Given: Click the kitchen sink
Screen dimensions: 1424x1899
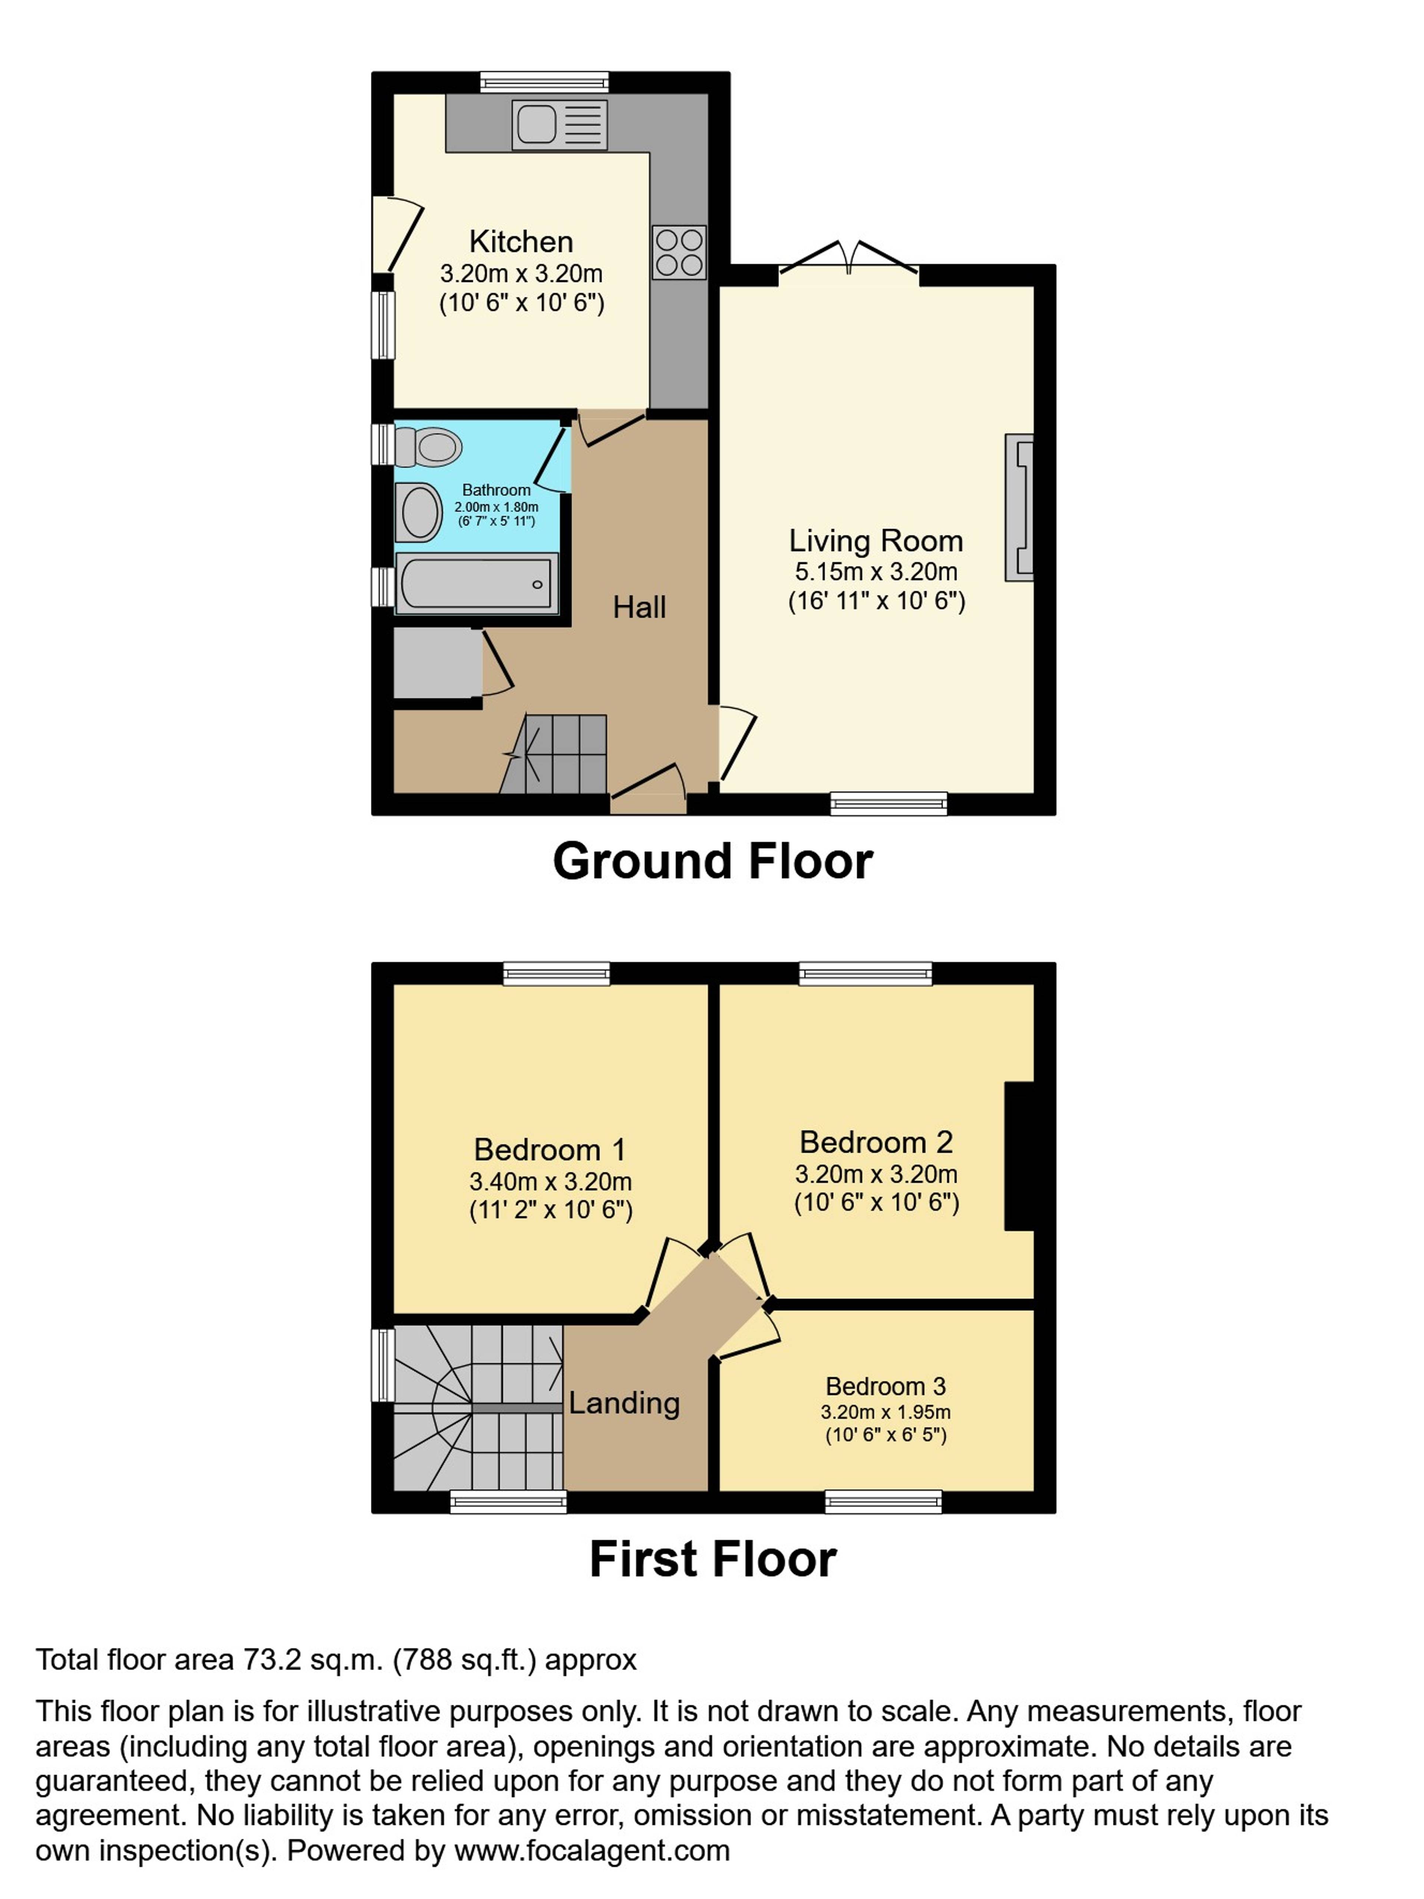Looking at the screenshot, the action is click(x=559, y=123).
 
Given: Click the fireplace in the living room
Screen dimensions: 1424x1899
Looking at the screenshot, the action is click(x=1019, y=507).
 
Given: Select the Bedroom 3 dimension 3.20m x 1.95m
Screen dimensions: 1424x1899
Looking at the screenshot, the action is click(x=885, y=1411).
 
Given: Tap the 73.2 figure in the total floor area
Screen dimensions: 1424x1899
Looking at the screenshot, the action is click(x=272, y=1659).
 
